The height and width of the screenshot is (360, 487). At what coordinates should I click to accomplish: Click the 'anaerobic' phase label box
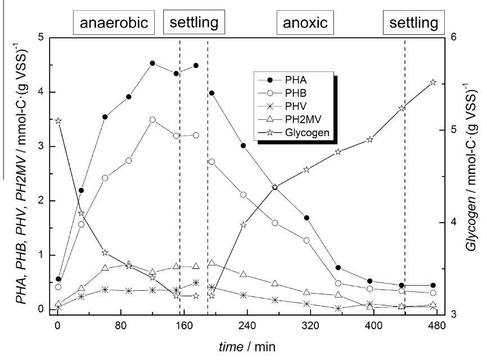(113, 23)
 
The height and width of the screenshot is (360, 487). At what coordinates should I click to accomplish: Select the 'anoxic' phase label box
(302, 23)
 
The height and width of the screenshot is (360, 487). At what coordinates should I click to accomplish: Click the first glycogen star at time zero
(58, 121)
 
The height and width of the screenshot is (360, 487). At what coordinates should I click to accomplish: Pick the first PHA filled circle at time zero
(58, 279)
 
